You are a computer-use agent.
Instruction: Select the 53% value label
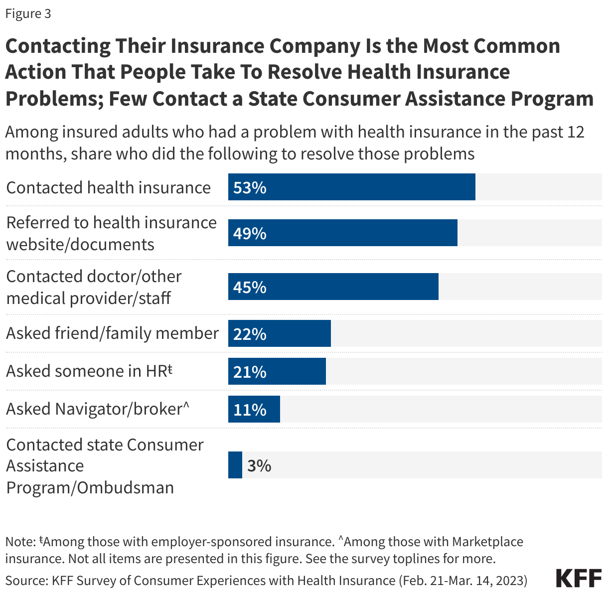(x=250, y=188)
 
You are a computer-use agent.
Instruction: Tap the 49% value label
(x=250, y=233)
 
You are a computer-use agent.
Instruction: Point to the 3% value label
(x=259, y=465)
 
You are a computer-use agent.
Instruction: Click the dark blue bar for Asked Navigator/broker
(x=254, y=409)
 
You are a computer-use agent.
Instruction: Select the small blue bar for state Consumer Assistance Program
(x=235, y=465)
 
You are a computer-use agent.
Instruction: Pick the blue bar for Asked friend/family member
(x=280, y=333)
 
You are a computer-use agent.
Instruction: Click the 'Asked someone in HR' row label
(x=89, y=371)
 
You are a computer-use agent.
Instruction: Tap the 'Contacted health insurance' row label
(x=109, y=188)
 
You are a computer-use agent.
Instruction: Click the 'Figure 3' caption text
(x=28, y=14)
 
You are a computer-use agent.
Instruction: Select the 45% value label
(x=250, y=287)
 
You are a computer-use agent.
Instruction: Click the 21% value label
(x=250, y=372)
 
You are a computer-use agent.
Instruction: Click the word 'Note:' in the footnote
(x=20, y=542)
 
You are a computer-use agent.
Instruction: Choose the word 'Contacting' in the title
(x=58, y=46)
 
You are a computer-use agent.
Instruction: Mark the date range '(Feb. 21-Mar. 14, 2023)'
(x=463, y=580)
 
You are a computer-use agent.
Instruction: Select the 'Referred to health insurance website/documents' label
(x=111, y=233)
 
